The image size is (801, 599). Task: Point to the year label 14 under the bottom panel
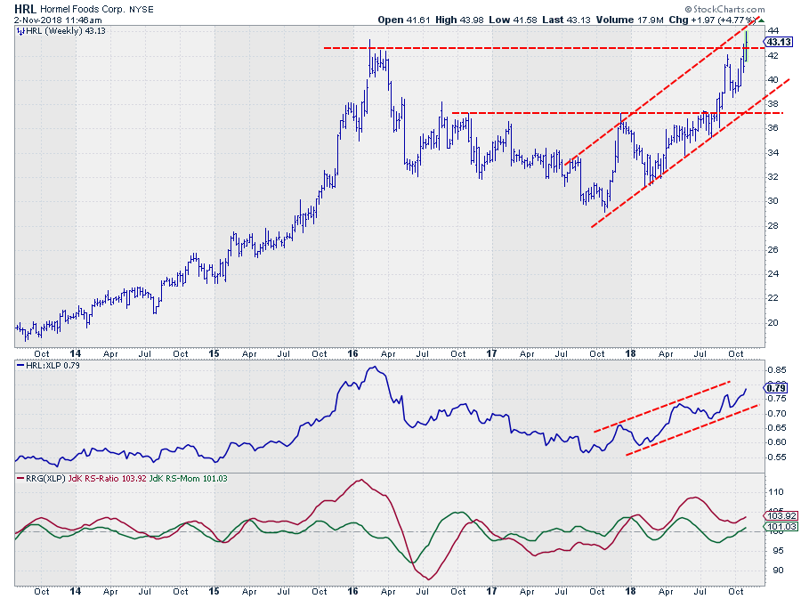[76, 590]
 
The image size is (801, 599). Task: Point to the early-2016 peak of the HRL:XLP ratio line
[373, 368]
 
